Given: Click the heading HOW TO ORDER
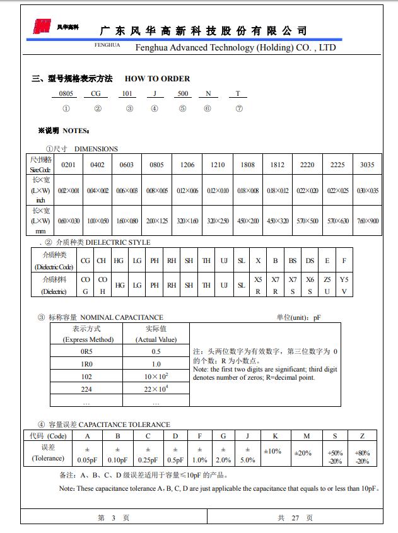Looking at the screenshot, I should point(157,79).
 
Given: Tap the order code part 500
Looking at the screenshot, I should point(183,93).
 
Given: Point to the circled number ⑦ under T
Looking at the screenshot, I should point(238,108).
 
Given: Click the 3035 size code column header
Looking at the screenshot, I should point(367,165).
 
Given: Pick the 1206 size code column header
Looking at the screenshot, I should point(187,165).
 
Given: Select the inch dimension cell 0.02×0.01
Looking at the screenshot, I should point(69,190).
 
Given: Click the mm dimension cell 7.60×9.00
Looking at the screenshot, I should point(367,221).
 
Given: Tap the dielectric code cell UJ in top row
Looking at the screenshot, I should point(223,261).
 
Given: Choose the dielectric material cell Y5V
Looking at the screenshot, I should point(344,285).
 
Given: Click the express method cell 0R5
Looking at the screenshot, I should point(86,351).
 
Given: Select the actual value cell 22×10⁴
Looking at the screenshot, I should point(156,389).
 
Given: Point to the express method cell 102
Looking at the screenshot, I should point(86,377).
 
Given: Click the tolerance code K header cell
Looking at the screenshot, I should point(275,436).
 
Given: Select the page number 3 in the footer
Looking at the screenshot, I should point(114,517).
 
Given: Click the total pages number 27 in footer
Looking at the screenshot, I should point(295,517).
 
